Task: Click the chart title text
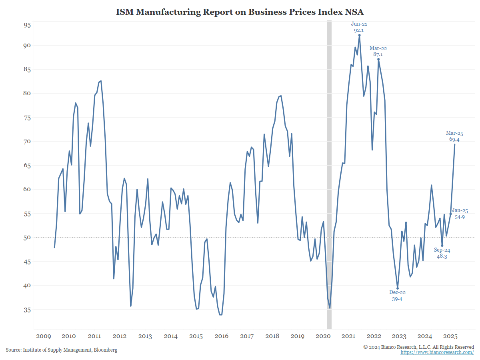point(240,12)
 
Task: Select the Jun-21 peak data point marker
point(359,35)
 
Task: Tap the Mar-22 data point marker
point(378,59)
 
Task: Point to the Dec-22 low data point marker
point(398,288)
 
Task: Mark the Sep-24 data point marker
point(442,246)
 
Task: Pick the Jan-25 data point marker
point(451,214)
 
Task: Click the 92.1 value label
point(359,30)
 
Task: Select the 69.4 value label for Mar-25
point(454,140)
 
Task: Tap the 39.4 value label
point(398,299)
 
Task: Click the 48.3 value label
point(442,257)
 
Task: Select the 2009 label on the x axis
point(43,336)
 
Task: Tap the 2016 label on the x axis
point(222,336)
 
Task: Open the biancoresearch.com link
point(437,352)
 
